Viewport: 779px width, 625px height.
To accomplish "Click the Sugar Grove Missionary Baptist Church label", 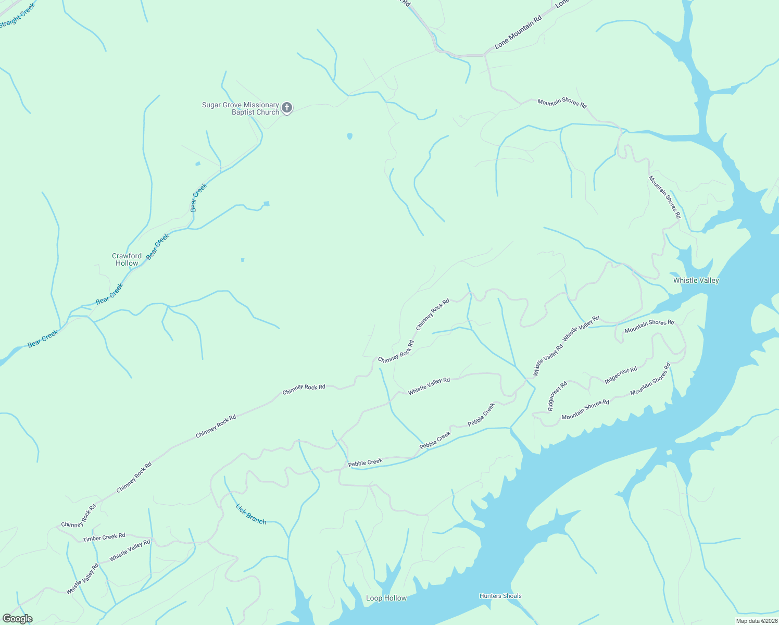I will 241,108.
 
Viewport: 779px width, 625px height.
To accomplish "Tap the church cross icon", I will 286,108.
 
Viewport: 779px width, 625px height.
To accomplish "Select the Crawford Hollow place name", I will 127,259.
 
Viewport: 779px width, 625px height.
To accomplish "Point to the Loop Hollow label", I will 386,598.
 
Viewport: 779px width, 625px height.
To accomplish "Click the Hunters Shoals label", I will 500,596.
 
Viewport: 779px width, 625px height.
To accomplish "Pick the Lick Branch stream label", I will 251,514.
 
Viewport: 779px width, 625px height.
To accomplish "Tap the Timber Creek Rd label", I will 104,537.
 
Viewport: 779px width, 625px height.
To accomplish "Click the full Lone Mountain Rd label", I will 518,32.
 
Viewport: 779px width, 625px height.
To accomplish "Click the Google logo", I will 18,619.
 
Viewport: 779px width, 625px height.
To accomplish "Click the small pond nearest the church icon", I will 349,136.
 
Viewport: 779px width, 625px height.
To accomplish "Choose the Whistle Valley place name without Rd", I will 696,280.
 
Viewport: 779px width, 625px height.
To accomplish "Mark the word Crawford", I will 127,256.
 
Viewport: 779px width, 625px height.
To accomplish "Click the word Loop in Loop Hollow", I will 374,598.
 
